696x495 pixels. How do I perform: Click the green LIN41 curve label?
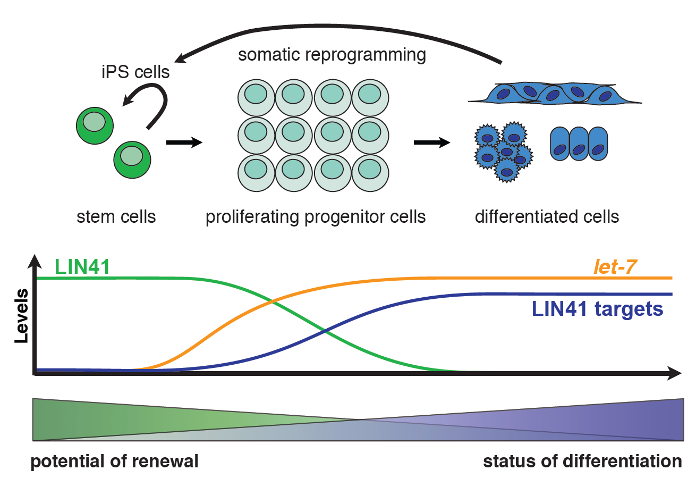pyautogui.click(x=82, y=266)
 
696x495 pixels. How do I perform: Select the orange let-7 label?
pyautogui.click(x=615, y=266)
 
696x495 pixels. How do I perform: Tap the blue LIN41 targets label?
pyautogui.click(x=597, y=309)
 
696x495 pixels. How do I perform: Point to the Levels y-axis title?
pyautogui.click(x=21, y=315)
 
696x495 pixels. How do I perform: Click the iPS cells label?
pyautogui.click(x=135, y=72)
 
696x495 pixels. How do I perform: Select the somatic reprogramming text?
pyautogui.click(x=332, y=55)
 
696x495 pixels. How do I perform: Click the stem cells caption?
pyautogui.click(x=116, y=217)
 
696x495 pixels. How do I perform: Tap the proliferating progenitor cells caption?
pyautogui.click(x=316, y=217)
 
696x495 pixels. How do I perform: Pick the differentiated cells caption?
pyautogui.click(x=547, y=217)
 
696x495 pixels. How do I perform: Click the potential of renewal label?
pyautogui.click(x=114, y=461)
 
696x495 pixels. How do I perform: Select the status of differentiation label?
pyautogui.click(x=582, y=461)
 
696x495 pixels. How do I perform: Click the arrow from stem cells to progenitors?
pyautogui.click(x=184, y=142)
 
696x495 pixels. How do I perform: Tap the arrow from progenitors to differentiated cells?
pyautogui.click(x=431, y=142)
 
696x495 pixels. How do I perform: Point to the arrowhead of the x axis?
pyautogui.click(x=674, y=373)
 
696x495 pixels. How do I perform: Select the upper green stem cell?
pyautogui.click(x=95, y=125)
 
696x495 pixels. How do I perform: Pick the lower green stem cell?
pyautogui.click(x=132, y=160)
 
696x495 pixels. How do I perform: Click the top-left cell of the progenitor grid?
pyautogui.click(x=256, y=98)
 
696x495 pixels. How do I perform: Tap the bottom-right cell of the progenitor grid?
pyautogui.click(x=370, y=173)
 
